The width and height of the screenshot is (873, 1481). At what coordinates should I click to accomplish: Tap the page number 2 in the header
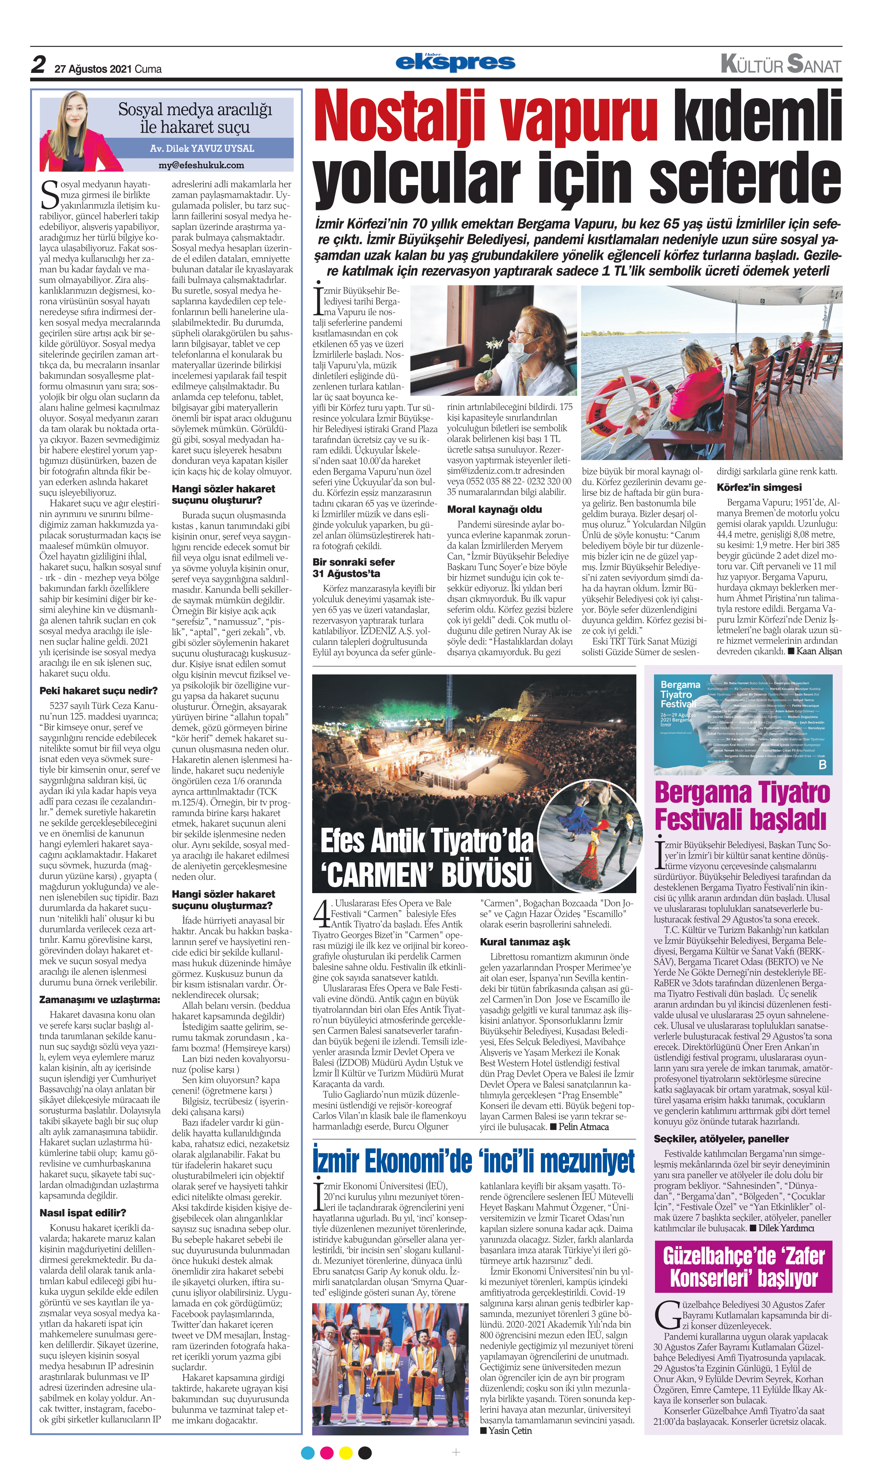39,65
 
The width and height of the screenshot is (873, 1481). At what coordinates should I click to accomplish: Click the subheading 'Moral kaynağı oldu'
494,510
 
